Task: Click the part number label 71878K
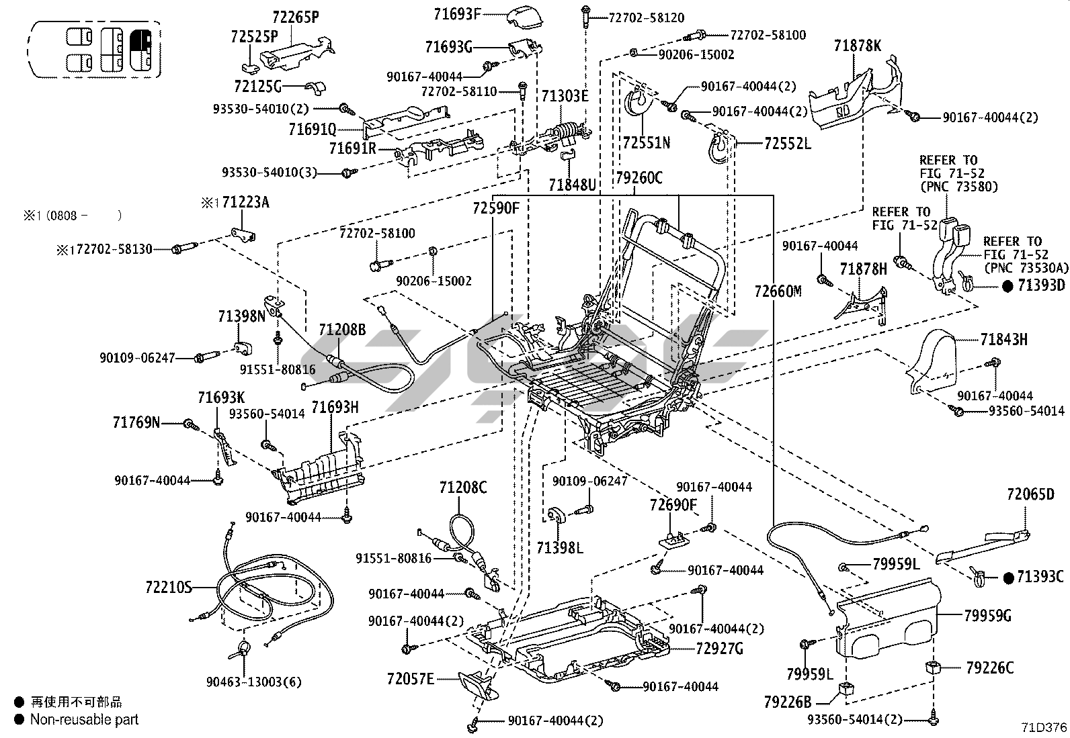(857, 46)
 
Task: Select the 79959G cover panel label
(988, 615)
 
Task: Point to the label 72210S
(169, 588)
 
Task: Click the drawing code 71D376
(1044, 727)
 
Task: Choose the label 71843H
(1003, 340)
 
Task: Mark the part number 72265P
(296, 17)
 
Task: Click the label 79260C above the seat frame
(639, 178)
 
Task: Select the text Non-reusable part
(84, 719)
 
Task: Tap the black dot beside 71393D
(1007, 285)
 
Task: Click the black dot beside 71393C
(1007, 577)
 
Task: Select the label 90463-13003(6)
(254, 682)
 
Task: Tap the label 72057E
(410, 678)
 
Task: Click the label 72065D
(1030, 494)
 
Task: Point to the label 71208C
(463, 488)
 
